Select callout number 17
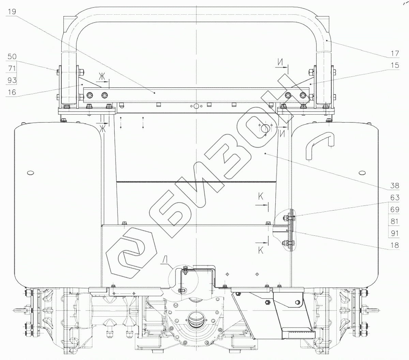[395, 53]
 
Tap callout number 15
[395, 65]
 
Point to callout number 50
[12, 56]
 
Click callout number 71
[12, 68]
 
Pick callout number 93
[12, 80]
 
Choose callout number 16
[12, 92]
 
